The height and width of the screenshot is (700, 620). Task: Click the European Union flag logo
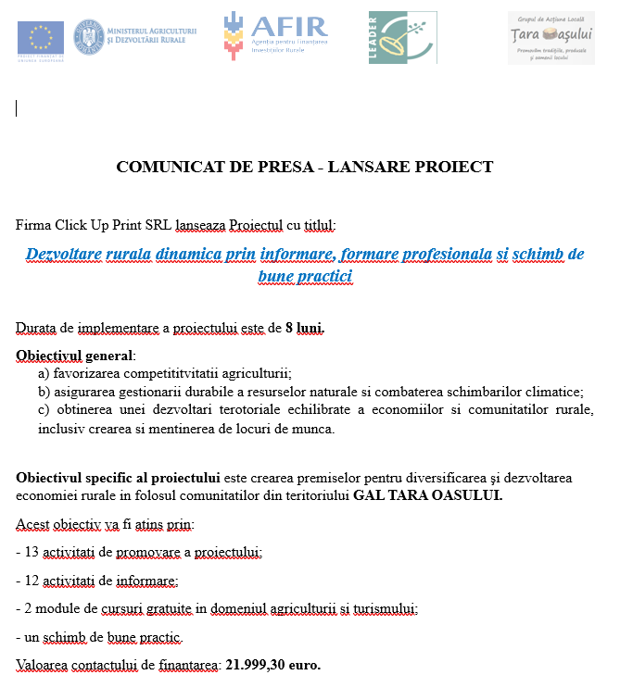[41, 37]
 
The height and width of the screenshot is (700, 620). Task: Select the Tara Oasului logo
[550, 37]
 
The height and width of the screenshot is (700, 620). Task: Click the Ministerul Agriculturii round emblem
[89, 35]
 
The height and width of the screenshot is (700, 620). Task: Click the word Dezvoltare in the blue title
[63, 254]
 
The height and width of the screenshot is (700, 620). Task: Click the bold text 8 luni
[305, 328]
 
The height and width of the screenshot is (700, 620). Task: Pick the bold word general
[109, 356]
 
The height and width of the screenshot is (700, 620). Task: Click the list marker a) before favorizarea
[44, 374]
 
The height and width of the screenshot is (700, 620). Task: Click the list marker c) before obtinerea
[44, 410]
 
